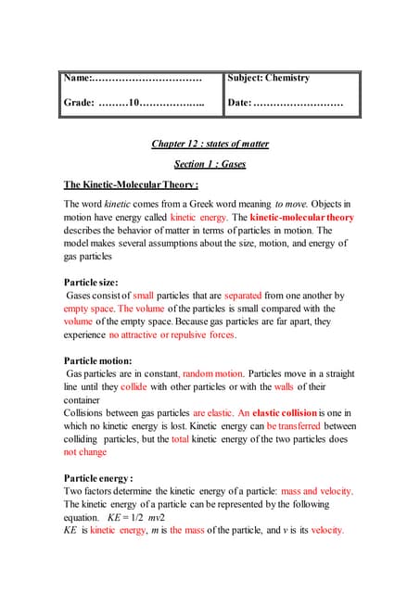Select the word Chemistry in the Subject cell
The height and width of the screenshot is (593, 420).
(287, 78)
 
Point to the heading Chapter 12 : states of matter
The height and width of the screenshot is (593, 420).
(210, 144)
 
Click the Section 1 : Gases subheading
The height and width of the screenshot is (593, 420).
(210, 164)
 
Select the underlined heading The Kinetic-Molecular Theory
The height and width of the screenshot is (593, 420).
(131, 184)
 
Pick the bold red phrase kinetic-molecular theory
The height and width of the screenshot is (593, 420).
(301, 217)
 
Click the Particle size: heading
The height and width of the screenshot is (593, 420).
(97, 281)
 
